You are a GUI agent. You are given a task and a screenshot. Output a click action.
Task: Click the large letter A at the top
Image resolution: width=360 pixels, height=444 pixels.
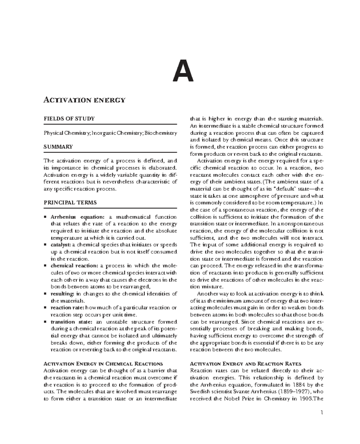click(x=183, y=71)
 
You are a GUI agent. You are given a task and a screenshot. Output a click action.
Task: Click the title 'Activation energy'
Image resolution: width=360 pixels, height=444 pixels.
click(x=84, y=100)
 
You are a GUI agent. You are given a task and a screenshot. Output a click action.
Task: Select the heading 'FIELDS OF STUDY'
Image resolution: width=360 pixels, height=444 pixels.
click(x=69, y=118)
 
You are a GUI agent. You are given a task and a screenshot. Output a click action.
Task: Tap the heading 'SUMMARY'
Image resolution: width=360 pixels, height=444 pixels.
click(x=58, y=147)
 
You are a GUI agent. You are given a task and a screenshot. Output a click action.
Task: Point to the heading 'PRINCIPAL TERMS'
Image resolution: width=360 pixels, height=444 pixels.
click(x=70, y=202)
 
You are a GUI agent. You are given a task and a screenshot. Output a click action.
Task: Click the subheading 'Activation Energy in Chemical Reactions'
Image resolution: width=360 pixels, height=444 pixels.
click(x=103, y=364)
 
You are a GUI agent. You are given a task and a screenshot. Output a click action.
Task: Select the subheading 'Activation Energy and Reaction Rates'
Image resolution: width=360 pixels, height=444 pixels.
click(x=246, y=364)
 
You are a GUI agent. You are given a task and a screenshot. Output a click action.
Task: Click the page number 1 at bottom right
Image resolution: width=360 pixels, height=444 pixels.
click(x=322, y=412)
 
